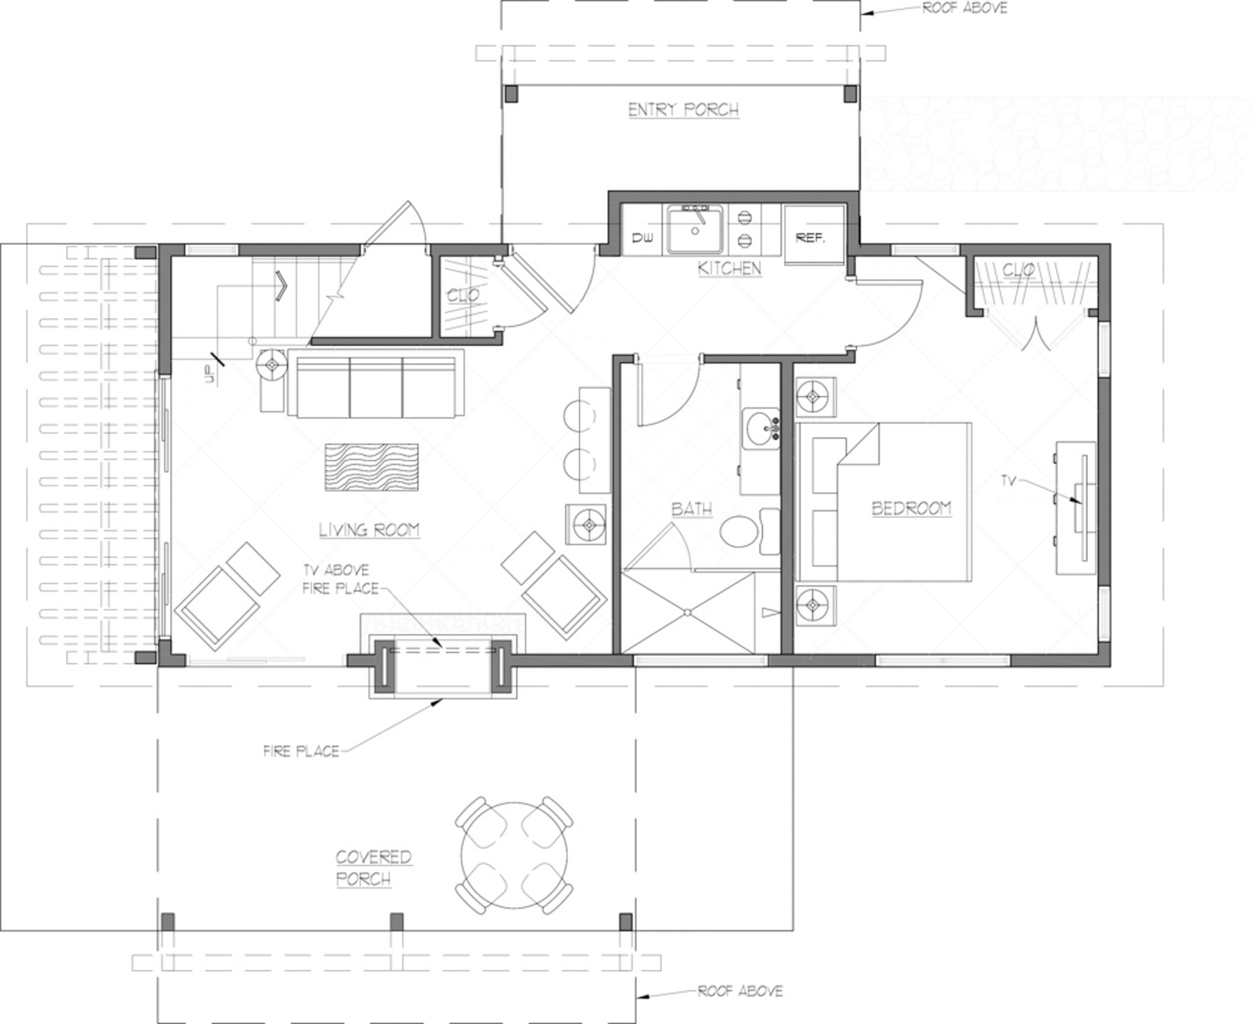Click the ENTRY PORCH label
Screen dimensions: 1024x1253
[x=683, y=110]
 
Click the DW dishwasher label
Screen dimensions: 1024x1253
[x=642, y=238]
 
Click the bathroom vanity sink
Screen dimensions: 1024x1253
[x=762, y=430]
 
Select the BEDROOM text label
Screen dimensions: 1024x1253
[x=911, y=508]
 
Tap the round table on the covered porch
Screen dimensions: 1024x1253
[x=514, y=855]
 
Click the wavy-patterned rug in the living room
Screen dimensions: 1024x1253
[x=371, y=467]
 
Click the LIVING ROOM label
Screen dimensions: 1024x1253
[x=369, y=530]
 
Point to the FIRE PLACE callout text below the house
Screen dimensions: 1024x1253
[x=301, y=751]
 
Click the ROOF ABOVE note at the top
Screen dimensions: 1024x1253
[x=964, y=8]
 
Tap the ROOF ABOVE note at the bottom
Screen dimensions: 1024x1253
[x=740, y=991]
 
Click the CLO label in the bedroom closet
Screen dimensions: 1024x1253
[x=1018, y=269]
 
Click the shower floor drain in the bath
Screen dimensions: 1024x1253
[x=687, y=613]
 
